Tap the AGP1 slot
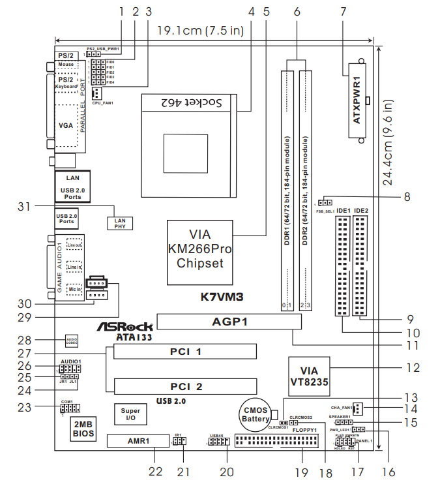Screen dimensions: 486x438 pos(229,321)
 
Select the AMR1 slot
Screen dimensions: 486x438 pos(138,441)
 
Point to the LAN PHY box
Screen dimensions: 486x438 pos(121,223)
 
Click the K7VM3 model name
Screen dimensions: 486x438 pos(222,297)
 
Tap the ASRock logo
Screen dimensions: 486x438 pos(125,326)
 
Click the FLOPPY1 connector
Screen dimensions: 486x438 pos(276,444)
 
